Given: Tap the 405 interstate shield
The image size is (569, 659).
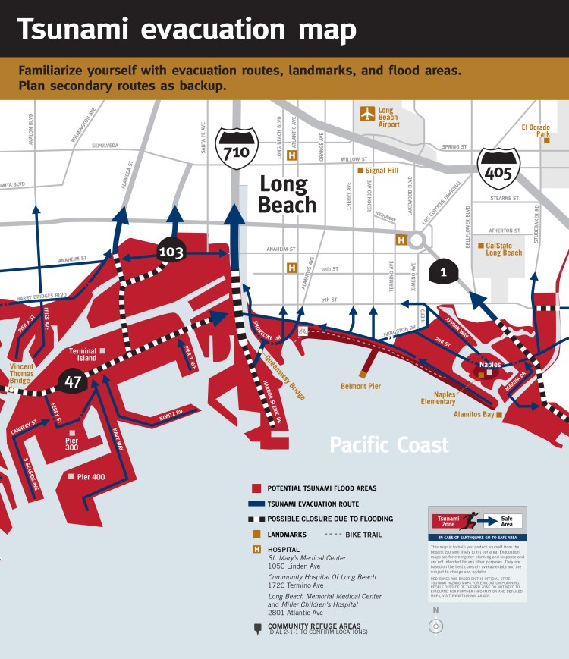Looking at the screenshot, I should click(x=498, y=168).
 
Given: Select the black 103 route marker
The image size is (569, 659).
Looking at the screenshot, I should click(x=171, y=252).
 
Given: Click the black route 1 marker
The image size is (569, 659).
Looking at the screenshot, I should click(x=443, y=271).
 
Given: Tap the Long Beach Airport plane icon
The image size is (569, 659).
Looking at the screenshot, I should click(x=368, y=114).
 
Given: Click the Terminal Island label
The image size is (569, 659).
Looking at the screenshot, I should click(x=82, y=355).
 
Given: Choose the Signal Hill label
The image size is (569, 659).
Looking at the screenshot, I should click(x=382, y=171).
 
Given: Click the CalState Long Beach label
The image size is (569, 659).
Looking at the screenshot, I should click(x=504, y=249).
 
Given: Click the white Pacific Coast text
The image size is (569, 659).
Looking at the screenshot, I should click(x=389, y=445).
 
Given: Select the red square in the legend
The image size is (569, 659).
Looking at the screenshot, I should click(x=256, y=488).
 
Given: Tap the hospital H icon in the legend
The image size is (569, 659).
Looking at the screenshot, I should click(x=256, y=549).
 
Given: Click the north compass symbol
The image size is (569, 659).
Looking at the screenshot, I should click(x=436, y=626).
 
